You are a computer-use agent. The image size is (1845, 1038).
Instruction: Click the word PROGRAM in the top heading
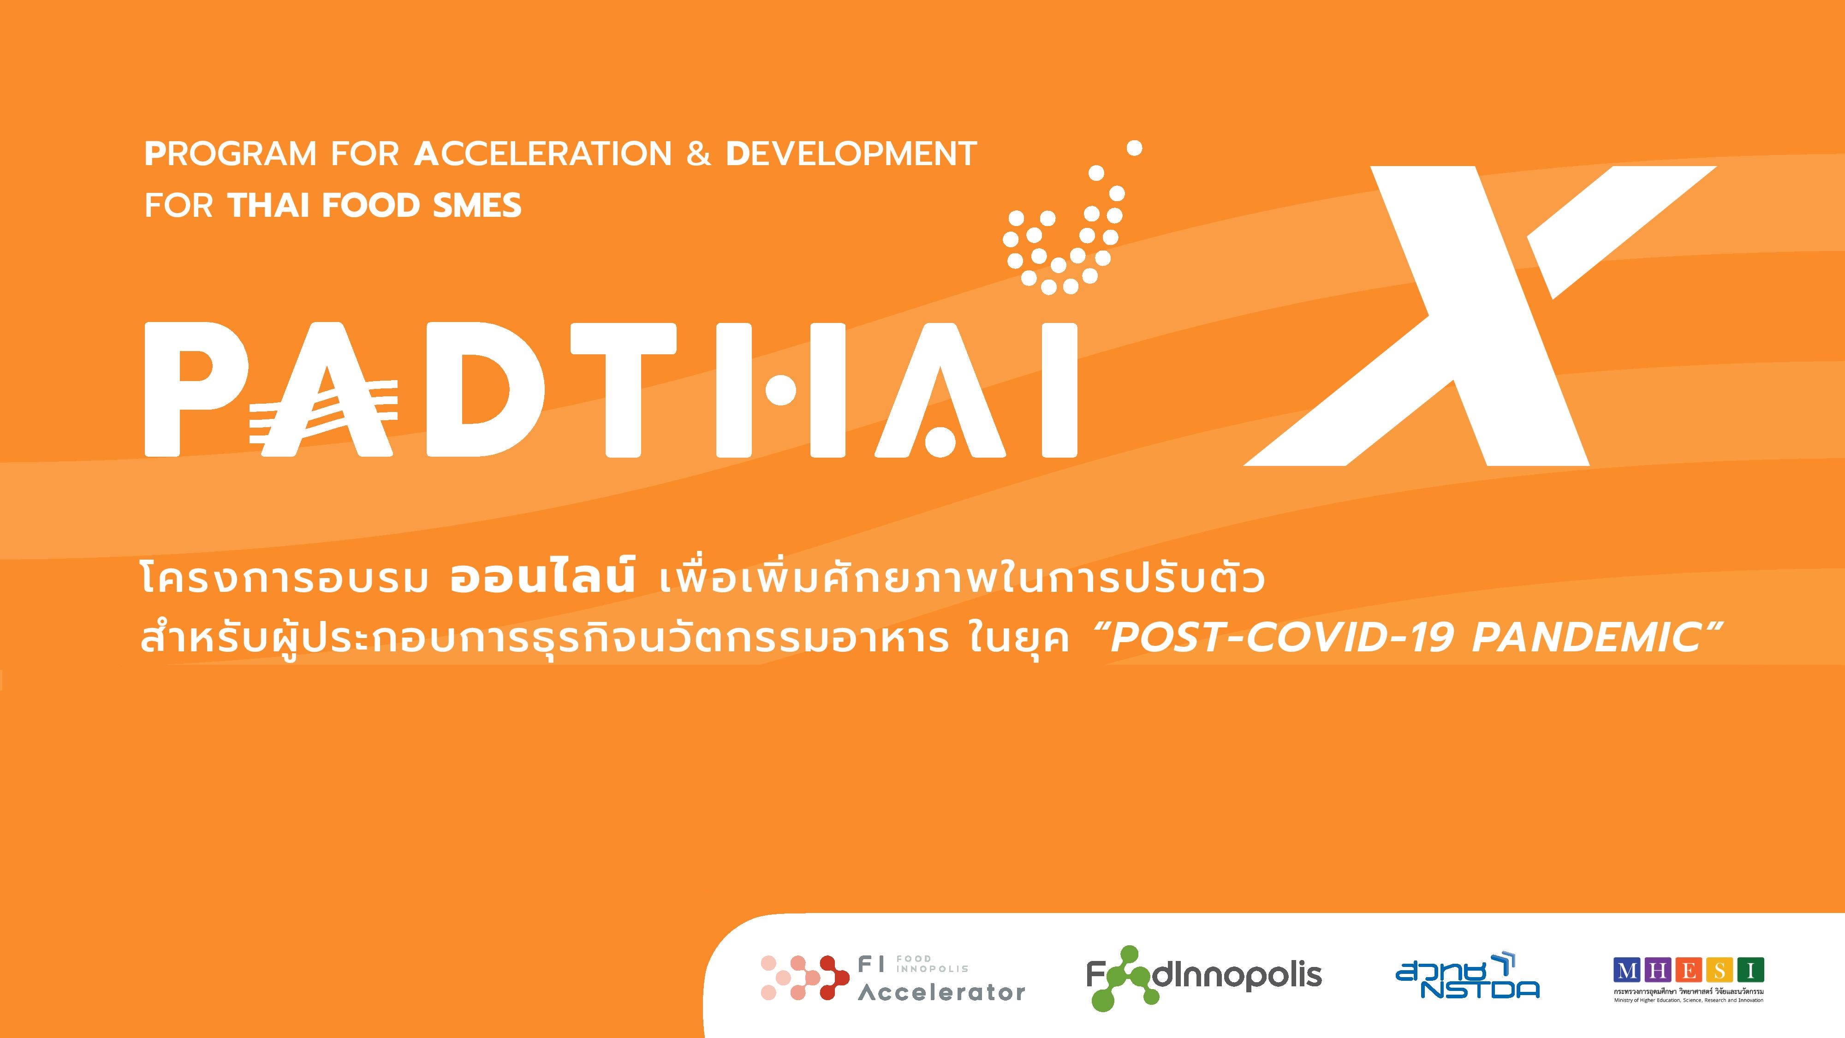pyautogui.click(x=230, y=154)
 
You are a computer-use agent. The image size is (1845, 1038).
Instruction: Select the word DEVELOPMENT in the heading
pyautogui.click(x=851, y=154)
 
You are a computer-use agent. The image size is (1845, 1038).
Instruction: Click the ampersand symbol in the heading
pyautogui.click(x=698, y=154)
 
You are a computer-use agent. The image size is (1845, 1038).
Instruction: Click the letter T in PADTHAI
pyautogui.click(x=624, y=389)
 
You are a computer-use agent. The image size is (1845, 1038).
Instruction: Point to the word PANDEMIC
pyautogui.click(x=1586, y=637)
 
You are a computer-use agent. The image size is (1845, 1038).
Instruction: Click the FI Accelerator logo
pyautogui.click(x=893, y=977)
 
